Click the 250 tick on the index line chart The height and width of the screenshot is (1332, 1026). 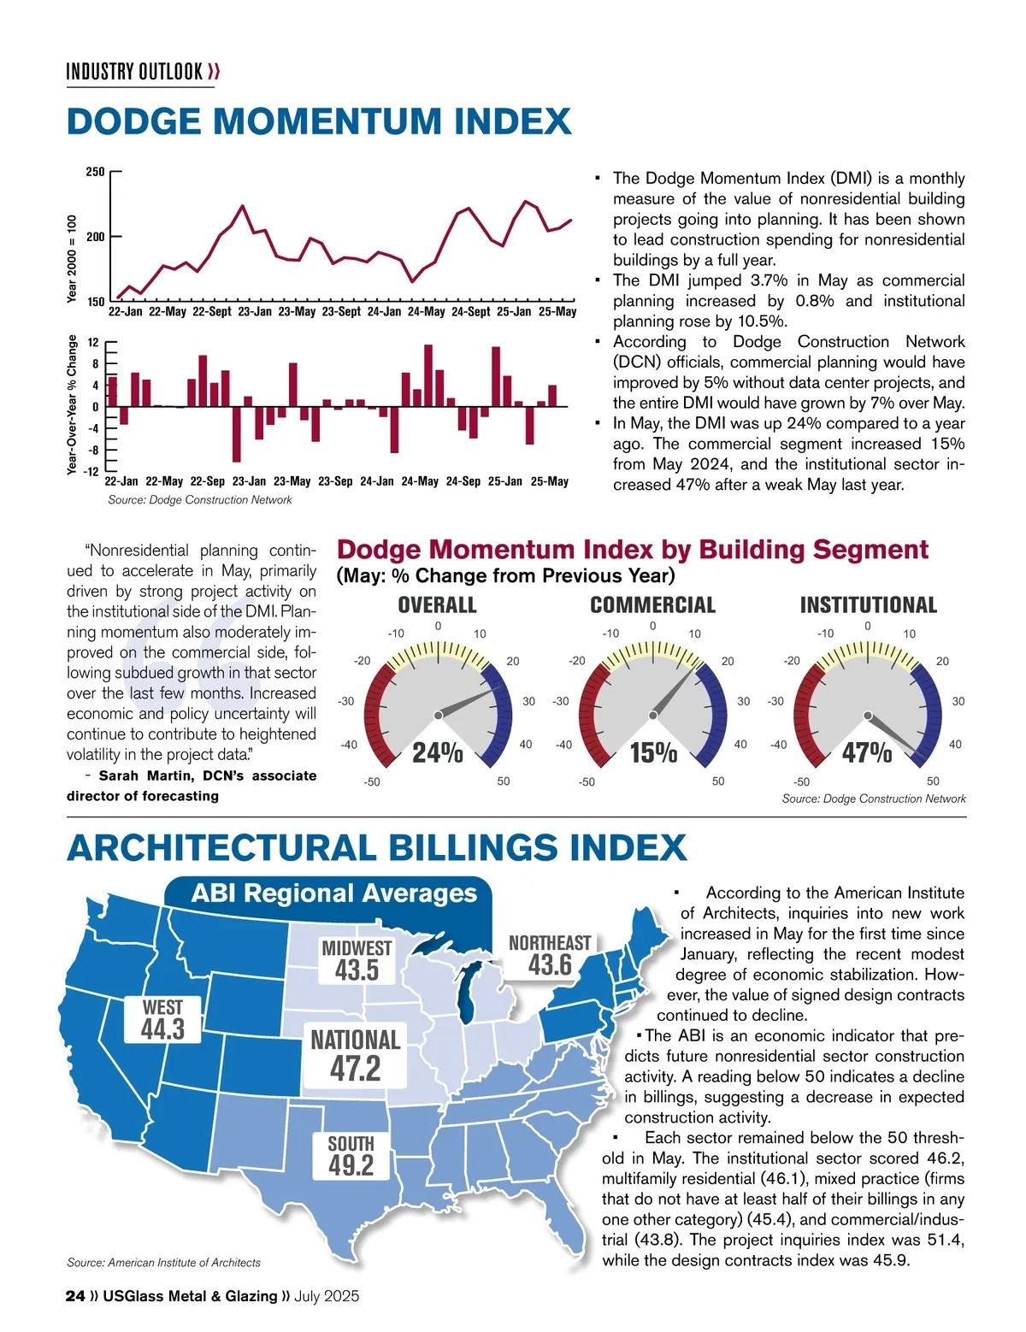pyautogui.click(x=95, y=172)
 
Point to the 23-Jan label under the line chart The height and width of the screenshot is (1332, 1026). pyautogui.click(x=255, y=312)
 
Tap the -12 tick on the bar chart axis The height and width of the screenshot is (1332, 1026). pyautogui.click(x=91, y=472)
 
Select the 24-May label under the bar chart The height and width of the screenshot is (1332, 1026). pyautogui.click(x=420, y=481)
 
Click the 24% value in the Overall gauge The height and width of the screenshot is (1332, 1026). pyautogui.click(x=438, y=753)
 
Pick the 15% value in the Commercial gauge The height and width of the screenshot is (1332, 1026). pyautogui.click(x=653, y=753)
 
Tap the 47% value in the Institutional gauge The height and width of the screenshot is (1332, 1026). pyautogui.click(x=867, y=753)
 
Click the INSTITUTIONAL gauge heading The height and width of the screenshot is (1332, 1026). pyautogui.click(x=868, y=605)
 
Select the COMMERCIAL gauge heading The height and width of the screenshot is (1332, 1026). pyautogui.click(x=652, y=605)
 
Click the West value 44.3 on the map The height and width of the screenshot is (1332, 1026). pyautogui.click(x=162, y=1029)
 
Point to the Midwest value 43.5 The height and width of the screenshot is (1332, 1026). pyautogui.click(x=357, y=970)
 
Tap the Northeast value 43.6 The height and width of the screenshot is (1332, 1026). pyautogui.click(x=550, y=965)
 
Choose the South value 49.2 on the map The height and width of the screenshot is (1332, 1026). pyautogui.click(x=351, y=1165)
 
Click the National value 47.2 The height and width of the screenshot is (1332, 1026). pyautogui.click(x=356, y=1069)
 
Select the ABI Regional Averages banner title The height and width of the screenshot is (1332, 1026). pyautogui.click(x=334, y=893)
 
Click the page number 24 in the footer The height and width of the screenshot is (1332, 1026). pyautogui.click(x=74, y=1296)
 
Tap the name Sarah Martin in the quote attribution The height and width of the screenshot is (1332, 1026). pyautogui.click(x=144, y=776)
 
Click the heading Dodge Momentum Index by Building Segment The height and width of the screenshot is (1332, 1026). pyautogui.click(x=633, y=549)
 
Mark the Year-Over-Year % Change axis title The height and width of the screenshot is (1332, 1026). pyautogui.click(x=72, y=404)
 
